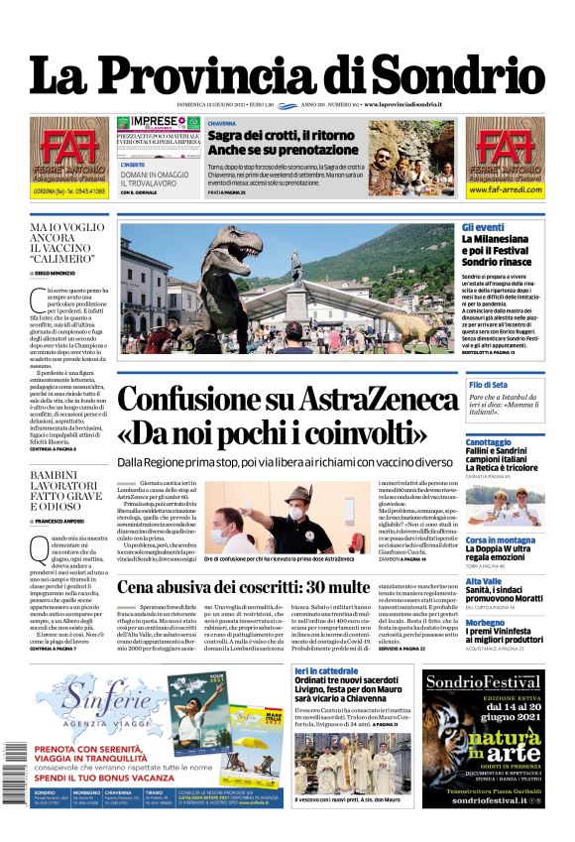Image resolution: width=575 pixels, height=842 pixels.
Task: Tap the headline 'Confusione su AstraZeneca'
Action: pyautogui.click(x=287, y=400)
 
